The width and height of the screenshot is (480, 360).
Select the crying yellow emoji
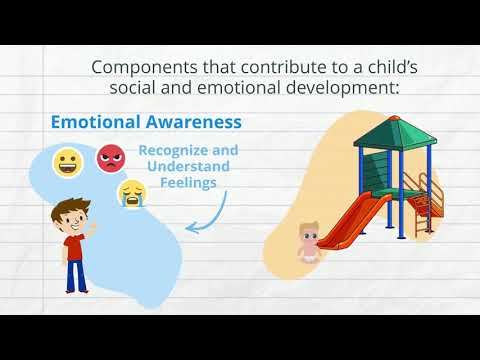[x=131, y=192]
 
